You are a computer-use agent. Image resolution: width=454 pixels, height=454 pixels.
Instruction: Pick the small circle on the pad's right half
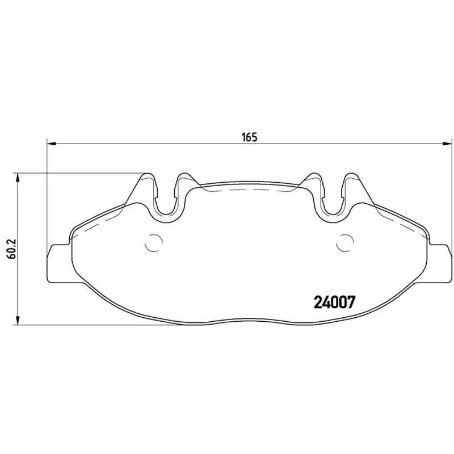(x=344, y=243)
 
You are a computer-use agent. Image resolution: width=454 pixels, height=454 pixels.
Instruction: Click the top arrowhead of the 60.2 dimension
(x=19, y=176)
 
